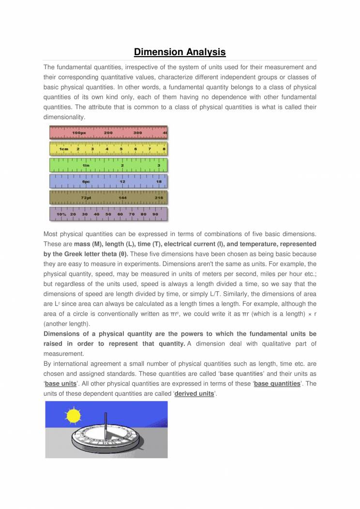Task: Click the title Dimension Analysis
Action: point(180,52)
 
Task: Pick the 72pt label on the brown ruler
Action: point(86,198)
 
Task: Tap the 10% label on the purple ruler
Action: point(61,214)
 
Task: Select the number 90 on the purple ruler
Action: point(155,214)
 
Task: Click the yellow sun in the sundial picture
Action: point(74,416)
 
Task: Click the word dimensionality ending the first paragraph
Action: point(64,117)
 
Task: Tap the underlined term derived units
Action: point(194,394)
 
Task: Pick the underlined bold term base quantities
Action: point(277,384)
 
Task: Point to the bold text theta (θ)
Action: point(112,254)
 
